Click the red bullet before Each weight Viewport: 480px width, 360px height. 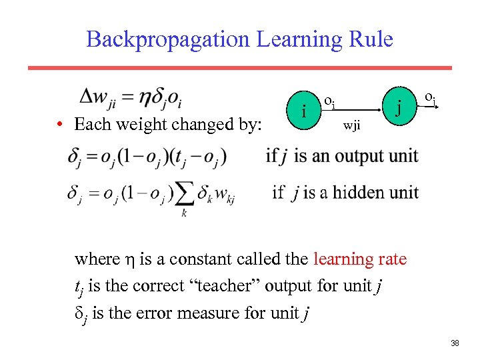coord(60,125)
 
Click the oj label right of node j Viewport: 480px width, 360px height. coord(431,99)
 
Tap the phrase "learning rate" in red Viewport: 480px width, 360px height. coord(360,259)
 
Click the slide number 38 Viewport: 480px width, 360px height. coord(455,343)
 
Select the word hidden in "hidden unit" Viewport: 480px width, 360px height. coord(354,193)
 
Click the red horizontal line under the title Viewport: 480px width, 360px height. coord(240,68)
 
